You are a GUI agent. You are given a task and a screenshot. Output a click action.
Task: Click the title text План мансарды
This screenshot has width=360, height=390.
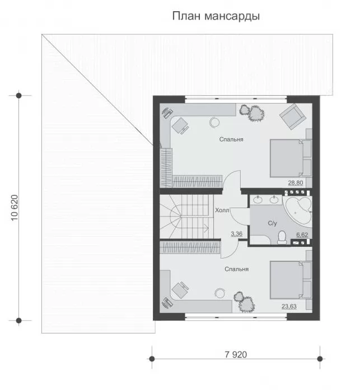pos(216,16)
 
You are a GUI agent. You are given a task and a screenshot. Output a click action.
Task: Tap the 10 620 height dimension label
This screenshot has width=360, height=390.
pos(15,208)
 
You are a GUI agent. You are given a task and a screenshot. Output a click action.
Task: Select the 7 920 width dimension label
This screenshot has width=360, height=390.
pos(236,354)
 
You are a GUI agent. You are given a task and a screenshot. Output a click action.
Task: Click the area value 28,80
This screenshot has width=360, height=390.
pos(296,183)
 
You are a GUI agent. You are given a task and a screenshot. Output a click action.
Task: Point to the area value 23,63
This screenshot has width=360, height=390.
pos(289,306)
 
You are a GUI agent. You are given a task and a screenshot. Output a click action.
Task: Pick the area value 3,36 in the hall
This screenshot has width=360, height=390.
pos(237,234)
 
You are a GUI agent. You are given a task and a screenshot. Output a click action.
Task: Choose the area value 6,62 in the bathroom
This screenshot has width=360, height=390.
pos(302,234)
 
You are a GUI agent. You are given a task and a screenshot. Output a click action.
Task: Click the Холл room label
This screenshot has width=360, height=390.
pos(222,210)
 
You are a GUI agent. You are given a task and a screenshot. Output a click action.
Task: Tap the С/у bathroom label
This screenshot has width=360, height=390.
pos(273,223)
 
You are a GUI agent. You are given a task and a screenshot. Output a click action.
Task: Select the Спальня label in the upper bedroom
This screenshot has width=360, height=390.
pos(231,139)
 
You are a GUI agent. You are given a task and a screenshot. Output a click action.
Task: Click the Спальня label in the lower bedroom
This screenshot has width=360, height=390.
pos(237,269)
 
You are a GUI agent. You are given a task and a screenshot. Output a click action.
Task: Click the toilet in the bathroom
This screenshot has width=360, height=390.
pos(282,238)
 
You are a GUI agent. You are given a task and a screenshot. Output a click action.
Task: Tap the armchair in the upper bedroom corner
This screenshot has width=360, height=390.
pos(293,116)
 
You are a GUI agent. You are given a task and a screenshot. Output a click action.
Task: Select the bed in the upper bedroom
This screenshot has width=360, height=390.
pos(291,158)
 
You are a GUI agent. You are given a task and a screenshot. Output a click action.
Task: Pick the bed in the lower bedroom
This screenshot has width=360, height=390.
pos(291,280)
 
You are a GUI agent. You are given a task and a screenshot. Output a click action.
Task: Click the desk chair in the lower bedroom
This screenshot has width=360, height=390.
pos(180,289)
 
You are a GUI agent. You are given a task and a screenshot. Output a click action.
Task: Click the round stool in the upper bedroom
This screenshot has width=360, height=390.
pos(214,123)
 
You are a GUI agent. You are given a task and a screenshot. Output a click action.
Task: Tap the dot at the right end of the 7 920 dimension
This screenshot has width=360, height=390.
pos(320,359)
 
